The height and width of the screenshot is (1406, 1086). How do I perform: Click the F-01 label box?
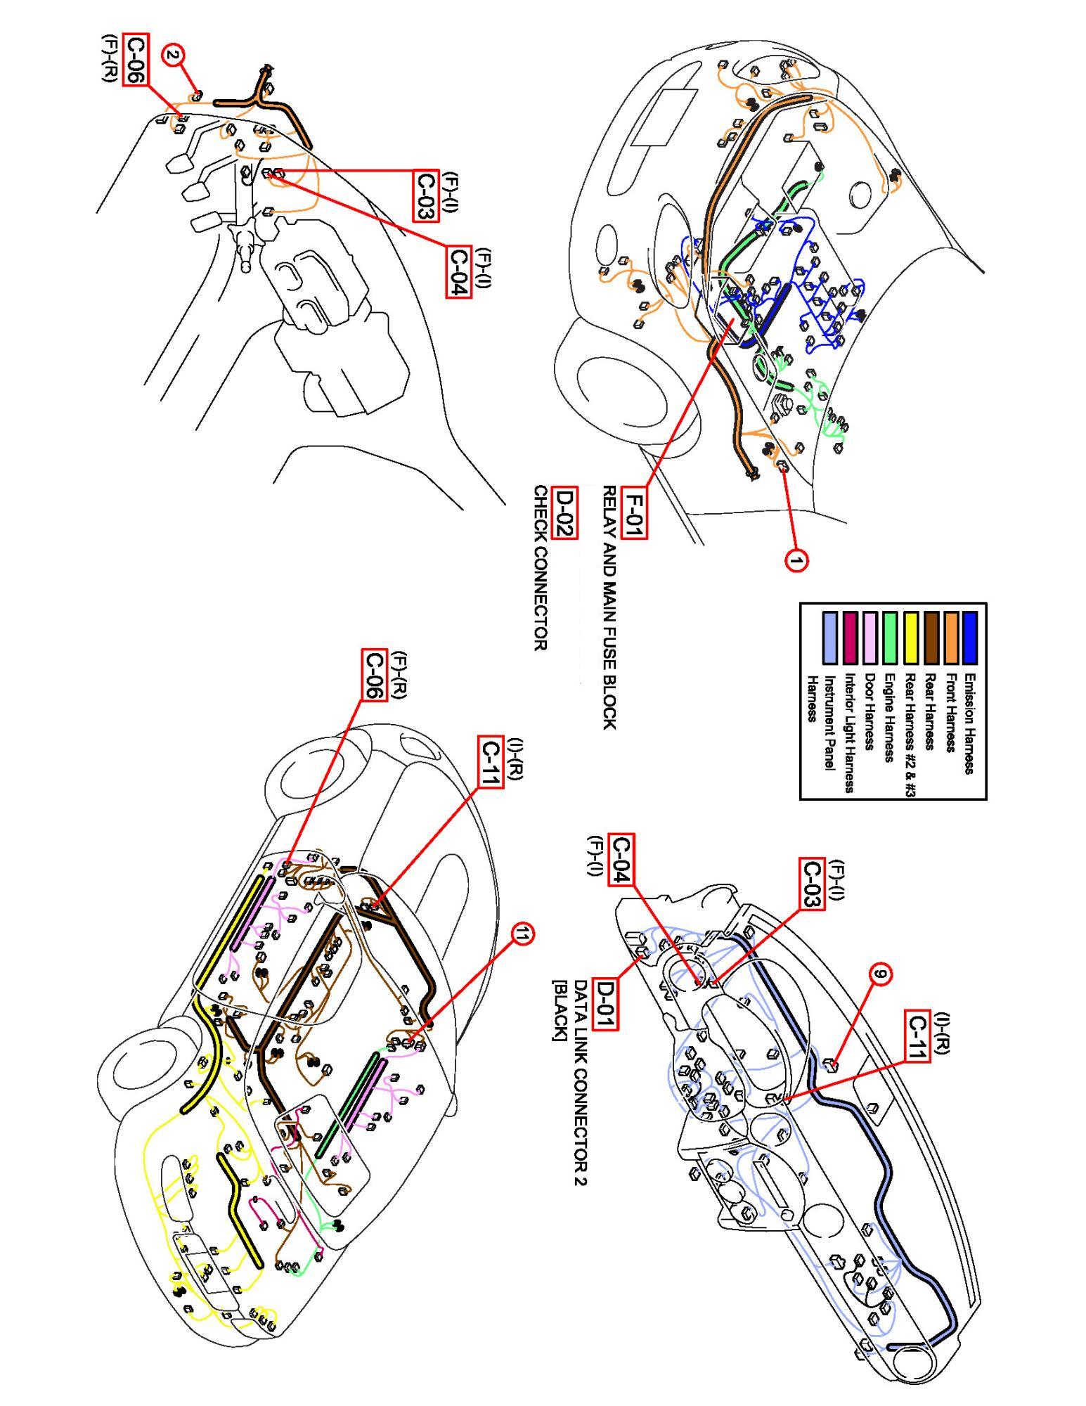point(635,516)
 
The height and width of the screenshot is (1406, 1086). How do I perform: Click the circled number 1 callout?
point(795,560)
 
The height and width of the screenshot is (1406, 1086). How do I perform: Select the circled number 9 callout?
point(880,974)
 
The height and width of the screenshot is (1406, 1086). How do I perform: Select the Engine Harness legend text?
point(891,718)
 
